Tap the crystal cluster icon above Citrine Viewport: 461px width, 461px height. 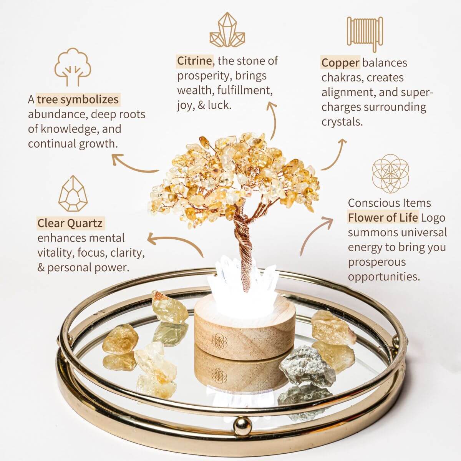[x=227, y=30]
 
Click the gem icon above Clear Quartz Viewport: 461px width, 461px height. [x=73, y=194]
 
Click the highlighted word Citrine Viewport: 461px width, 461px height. [x=194, y=61]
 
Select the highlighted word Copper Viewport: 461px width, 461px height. [x=340, y=63]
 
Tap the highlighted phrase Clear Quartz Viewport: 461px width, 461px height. [x=70, y=223]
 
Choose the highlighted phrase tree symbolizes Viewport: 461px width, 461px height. [x=78, y=100]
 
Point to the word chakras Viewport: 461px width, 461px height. [x=340, y=78]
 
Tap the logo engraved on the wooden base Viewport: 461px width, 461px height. [x=219, y=340]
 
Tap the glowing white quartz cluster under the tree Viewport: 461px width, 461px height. [x=227, y=279]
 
